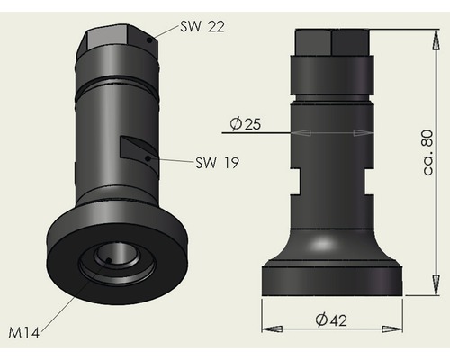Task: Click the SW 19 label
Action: [x=219, y=163]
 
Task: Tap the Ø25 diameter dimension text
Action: [x=246, y=124]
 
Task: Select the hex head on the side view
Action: [x=332, y=42]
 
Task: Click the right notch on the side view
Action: [x=368, y=179]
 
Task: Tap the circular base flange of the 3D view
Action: [x=67, y=270]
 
